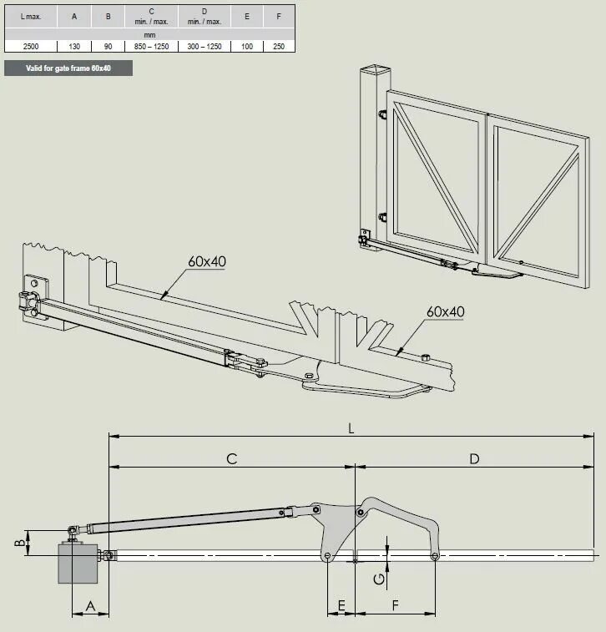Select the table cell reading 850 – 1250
pos(150,46)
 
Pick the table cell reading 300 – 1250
pos(205,46)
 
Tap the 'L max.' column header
pos(31,16)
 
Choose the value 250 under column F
pos(278,46)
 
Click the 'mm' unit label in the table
pos(150,34)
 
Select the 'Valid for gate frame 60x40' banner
pos(68,68)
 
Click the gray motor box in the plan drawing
pos(77,564)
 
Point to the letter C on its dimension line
pos(231,458)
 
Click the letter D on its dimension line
pos(475,458)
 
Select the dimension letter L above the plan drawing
pos(351,427)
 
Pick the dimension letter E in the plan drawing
pos(340,603)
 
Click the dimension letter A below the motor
pos(89,603)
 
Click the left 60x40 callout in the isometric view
pos(207,261)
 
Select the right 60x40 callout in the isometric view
pos(445,311)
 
